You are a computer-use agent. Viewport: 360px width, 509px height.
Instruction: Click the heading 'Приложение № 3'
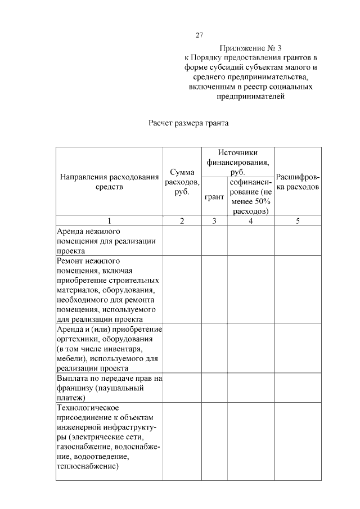(x=251, y=48)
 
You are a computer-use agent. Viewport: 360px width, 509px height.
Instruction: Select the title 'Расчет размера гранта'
(x=190, y=121)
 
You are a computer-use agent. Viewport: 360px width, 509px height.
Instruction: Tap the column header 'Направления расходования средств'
(x=110, y=182)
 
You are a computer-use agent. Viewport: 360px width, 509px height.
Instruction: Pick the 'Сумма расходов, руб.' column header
(x=182, y=181)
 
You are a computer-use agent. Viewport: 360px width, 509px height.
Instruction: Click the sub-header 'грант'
(x=214, y=197)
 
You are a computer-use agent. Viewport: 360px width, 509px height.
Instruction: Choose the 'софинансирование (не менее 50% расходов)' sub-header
(x=251, y=197)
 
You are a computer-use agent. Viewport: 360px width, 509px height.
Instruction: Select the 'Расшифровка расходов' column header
(x=298, y=181)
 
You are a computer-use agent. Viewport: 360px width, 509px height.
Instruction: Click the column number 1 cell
(x=110, y=221)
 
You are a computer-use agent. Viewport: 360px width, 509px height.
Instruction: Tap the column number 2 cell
(x=182, y=221)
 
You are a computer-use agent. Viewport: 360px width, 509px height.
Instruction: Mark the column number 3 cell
(x=214, y=221)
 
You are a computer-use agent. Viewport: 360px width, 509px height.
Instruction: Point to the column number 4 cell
(x=251, y=221)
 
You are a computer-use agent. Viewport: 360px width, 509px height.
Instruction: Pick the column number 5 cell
(x=298, y=221)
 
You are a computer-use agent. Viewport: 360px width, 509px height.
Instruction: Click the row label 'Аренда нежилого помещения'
(x=106, y=241)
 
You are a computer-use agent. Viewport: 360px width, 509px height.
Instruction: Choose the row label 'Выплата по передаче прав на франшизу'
(x=110, y=388)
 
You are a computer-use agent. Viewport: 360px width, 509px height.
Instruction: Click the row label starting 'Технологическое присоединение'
(x=109, y=436)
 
